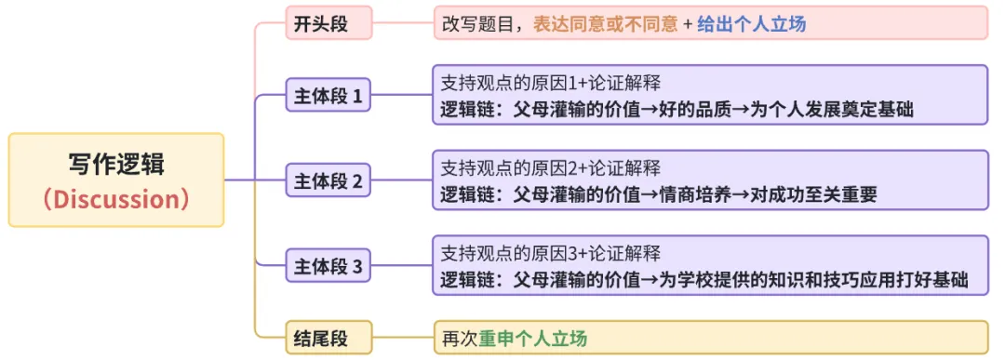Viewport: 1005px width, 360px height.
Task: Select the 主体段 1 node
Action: [328, 95]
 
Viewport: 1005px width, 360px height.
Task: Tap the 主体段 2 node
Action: [328, 180]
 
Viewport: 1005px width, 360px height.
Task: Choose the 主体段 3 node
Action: [328, 266]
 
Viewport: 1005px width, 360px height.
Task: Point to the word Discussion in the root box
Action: [116, 199]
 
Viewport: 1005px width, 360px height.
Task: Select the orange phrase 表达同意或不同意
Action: [605, 24]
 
